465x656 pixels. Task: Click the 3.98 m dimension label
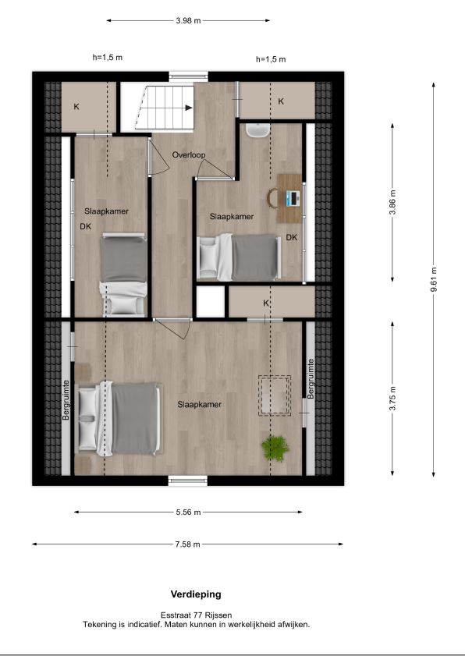[x=188, y=20]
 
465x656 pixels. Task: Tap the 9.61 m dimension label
[x=434, y=280]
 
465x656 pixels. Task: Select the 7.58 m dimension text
[x=187, y=544]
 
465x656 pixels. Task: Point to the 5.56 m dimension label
[x=188, y=512]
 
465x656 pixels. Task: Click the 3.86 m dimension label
[x=392, y=202]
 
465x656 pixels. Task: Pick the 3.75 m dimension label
[x=392, y=399]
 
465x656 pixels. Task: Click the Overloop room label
[x=189, y=155]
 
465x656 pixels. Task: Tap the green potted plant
[x=275, y=448]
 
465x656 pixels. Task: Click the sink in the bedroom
[x=257, y=130]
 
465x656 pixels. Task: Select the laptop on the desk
[x=293, y=197]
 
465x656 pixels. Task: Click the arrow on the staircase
[x=189, y=108]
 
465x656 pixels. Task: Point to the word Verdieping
[x=196, y=594]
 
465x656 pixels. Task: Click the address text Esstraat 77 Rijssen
[x=197, y=615]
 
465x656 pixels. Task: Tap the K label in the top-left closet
[x=76, y=107]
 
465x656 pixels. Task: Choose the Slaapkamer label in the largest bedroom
[x=199, y=405]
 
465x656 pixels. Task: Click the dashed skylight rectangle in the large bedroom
[x=275, y=395]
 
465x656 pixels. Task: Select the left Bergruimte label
[x=66, y=399]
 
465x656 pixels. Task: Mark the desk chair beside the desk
[x=273, y=198]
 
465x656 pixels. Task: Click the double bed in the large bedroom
[x=119, y=418]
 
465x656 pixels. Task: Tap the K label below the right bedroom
[x=266, y=303]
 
